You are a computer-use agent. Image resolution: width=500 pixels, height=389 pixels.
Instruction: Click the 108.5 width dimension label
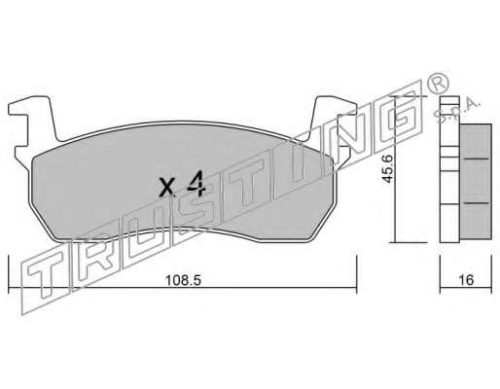point(183,280)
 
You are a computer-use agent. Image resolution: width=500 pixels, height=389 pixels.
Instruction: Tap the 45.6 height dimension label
point(388,169)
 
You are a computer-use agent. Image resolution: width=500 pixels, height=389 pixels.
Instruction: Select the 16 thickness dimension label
point(466,280)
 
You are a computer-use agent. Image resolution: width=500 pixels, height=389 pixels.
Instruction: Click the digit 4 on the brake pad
point(196,184)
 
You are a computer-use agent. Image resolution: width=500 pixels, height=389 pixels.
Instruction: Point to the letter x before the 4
point(167,188)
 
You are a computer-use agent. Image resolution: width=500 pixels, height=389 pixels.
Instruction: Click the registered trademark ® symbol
point(439,84)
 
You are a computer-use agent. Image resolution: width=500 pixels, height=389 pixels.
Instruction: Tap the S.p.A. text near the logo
point(458,110)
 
